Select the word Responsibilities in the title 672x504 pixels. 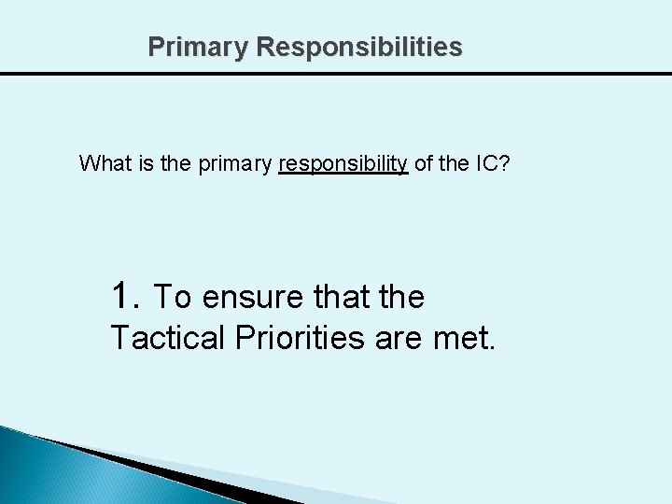tap(358, 47)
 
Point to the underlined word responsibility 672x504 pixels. tap(343, 165)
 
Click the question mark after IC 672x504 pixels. tap(505, 164)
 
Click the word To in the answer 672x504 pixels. tap(173, 297)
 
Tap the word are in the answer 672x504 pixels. tap(399, 338)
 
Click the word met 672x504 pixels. tap(464, 338)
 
